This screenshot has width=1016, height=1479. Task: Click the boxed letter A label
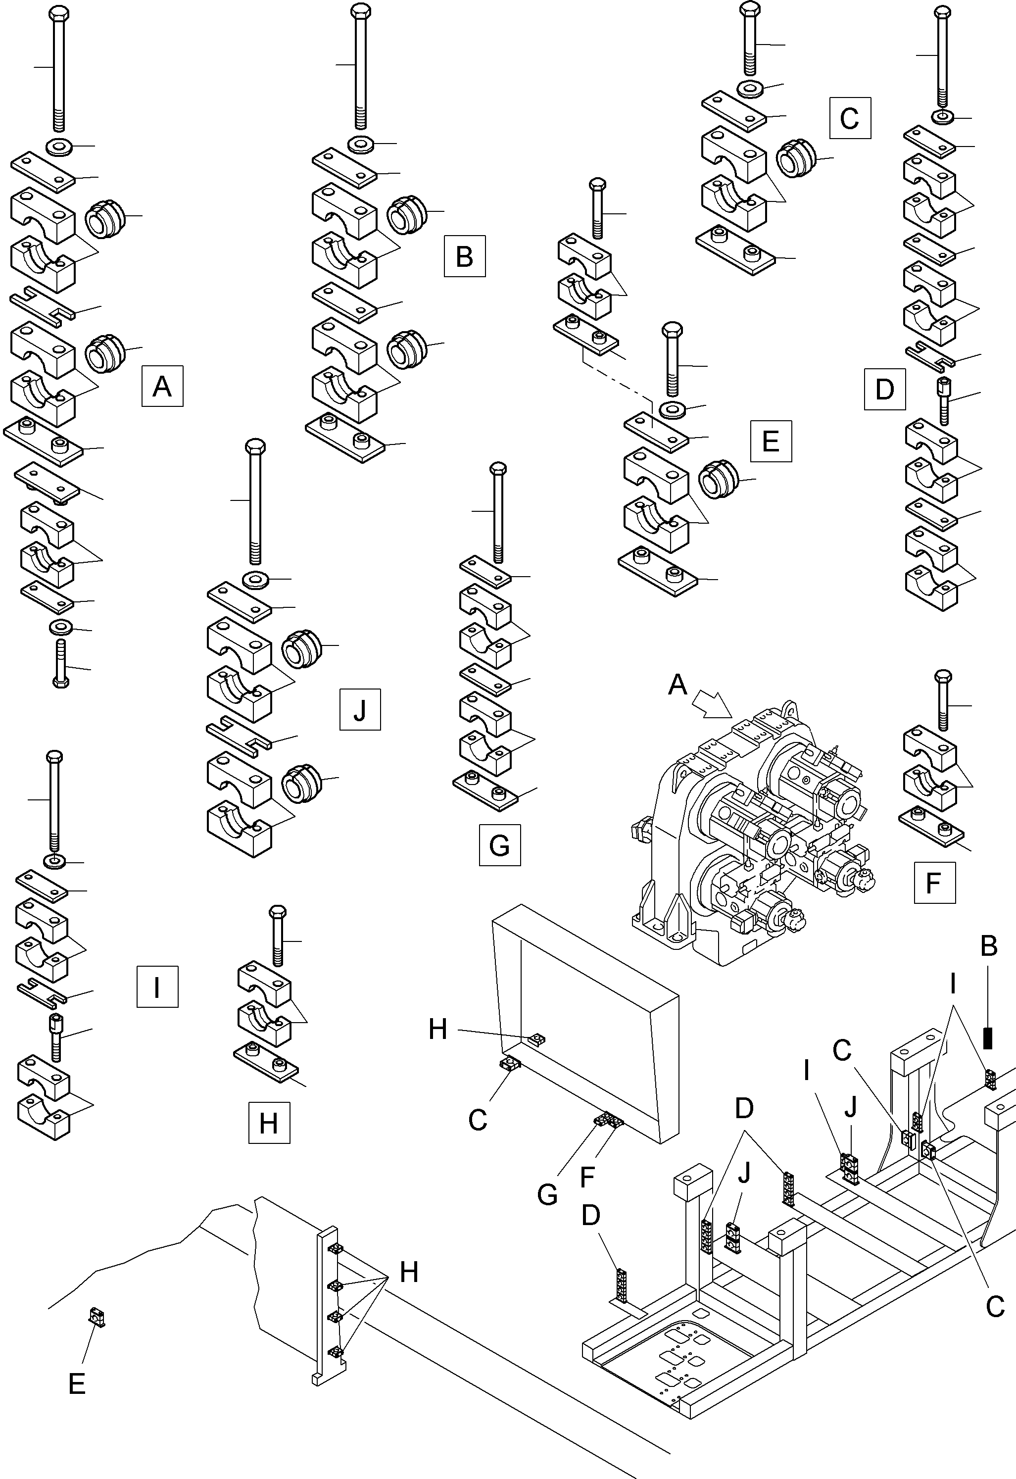(x=162, y=386)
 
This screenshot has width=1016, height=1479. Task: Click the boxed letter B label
(x=465, y=256)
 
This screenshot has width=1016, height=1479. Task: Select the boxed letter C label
(x=850, y=118)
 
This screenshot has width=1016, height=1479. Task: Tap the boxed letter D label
(x=885, y=389)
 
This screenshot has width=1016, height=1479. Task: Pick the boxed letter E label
(x=771, y=441)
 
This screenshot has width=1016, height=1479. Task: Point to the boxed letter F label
(x=934, y=883)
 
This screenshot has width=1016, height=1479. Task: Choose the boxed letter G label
(x=500, y=845)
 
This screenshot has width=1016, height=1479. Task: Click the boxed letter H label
(x=269, y=1123)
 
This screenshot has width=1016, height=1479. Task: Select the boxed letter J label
(x=360, y=709)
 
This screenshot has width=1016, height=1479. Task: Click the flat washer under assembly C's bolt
(x=752, y=88)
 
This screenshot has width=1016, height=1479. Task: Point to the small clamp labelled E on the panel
(x=97, y=1317)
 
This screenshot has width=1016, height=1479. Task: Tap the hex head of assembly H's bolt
(x=278, y=912)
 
